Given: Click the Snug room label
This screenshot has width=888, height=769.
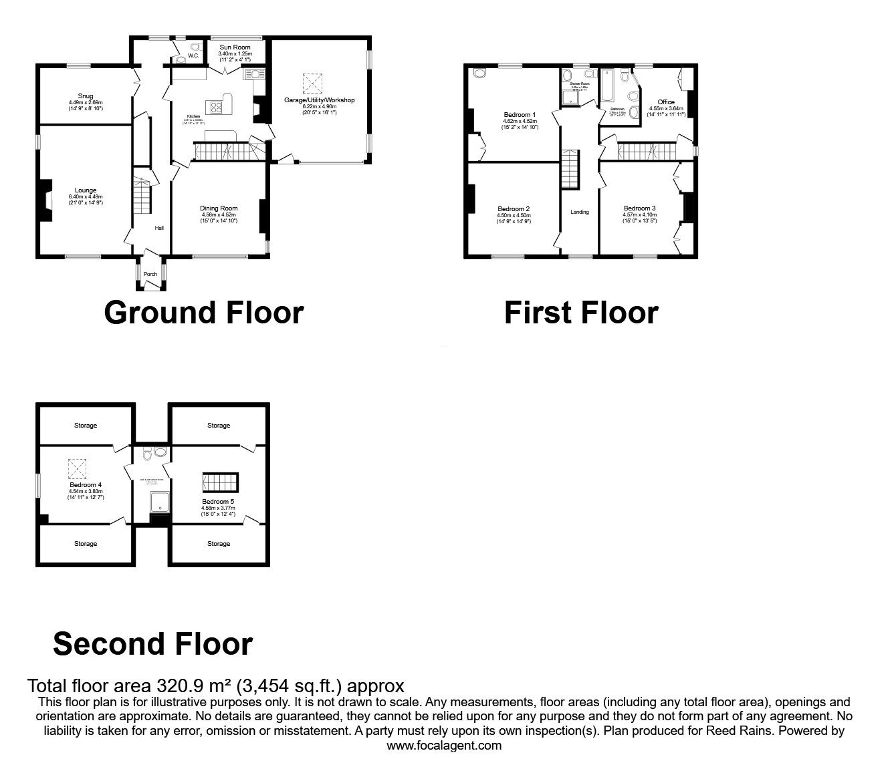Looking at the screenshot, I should pos(85,96).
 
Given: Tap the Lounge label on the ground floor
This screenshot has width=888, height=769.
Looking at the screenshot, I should pos(86,190).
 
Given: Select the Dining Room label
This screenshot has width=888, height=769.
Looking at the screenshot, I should pos(219,208).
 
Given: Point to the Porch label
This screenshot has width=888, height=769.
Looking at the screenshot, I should pos(150,274).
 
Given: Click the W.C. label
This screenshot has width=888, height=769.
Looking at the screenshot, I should pos(193,56).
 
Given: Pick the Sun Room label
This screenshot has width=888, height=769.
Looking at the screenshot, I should pos(234,47).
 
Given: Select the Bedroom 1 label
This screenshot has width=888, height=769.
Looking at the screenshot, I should pos(520,115).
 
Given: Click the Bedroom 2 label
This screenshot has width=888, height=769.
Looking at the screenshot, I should pos(514,209).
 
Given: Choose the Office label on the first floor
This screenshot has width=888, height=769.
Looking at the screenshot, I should pos(666,102).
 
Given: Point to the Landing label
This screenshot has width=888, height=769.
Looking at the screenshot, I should pos(580,212).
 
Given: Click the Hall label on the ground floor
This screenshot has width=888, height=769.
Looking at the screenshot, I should pos(159,228).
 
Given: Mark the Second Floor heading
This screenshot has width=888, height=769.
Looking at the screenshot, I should pos(152,643).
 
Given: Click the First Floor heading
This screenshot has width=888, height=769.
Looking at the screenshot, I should pos(580,313).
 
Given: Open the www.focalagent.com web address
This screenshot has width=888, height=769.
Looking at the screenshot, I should pos(444,746).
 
